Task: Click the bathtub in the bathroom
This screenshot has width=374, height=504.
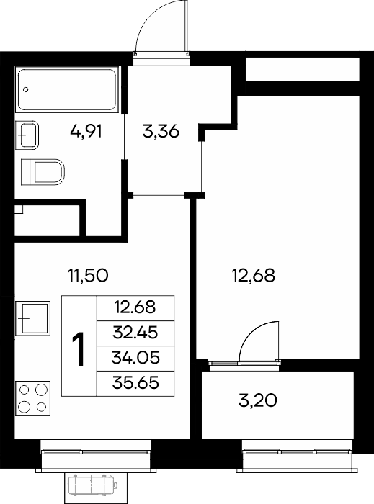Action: (67, 89)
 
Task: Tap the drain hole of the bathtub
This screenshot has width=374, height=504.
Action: (26, 90)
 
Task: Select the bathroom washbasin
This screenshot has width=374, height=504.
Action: (27, 135)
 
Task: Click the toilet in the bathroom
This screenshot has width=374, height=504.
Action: (43, 172)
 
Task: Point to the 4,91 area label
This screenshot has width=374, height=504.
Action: (86, 132)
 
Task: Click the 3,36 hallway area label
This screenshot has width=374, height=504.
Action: (161, 132)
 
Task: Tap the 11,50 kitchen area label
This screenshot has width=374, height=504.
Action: (88, 276)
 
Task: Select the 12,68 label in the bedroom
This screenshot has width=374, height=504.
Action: (254, 276)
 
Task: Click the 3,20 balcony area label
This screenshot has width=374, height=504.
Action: (258, 400)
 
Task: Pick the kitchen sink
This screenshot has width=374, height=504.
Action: (33, 318)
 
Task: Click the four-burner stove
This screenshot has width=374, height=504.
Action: (33, 399)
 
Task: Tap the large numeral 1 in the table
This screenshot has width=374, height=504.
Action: (79, 349)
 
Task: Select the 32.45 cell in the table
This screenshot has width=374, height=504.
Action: (135, 333)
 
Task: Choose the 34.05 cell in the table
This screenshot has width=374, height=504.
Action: (135, 358)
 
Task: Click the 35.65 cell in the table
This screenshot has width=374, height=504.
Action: (135, 383)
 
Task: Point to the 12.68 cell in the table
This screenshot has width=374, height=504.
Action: (135, 307)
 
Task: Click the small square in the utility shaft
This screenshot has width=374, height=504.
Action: (19, 210)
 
